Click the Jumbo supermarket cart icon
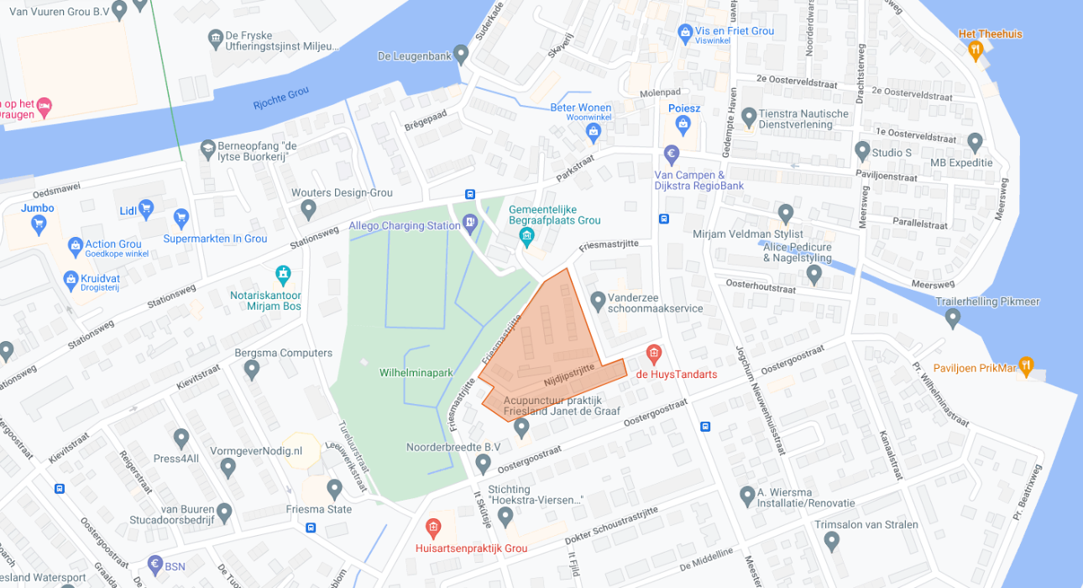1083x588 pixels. click(38, 223)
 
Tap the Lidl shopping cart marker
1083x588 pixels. click(146, 207)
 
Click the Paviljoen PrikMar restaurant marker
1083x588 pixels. click(1025, 367)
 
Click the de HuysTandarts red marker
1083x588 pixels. click(653, 354)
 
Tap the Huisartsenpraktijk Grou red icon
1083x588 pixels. click(433, 528)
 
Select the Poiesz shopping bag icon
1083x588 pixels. click(683, 125)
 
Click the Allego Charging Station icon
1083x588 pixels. click(470, 223)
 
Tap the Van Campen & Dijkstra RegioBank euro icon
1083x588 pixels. click(671, 155)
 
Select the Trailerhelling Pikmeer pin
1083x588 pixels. click(952, 318)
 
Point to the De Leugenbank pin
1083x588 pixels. click(460, 54)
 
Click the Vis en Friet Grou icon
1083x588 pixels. click(685, 32)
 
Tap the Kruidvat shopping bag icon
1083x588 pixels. click(71, 279)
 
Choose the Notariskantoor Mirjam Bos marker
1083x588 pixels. click(284, 274)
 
